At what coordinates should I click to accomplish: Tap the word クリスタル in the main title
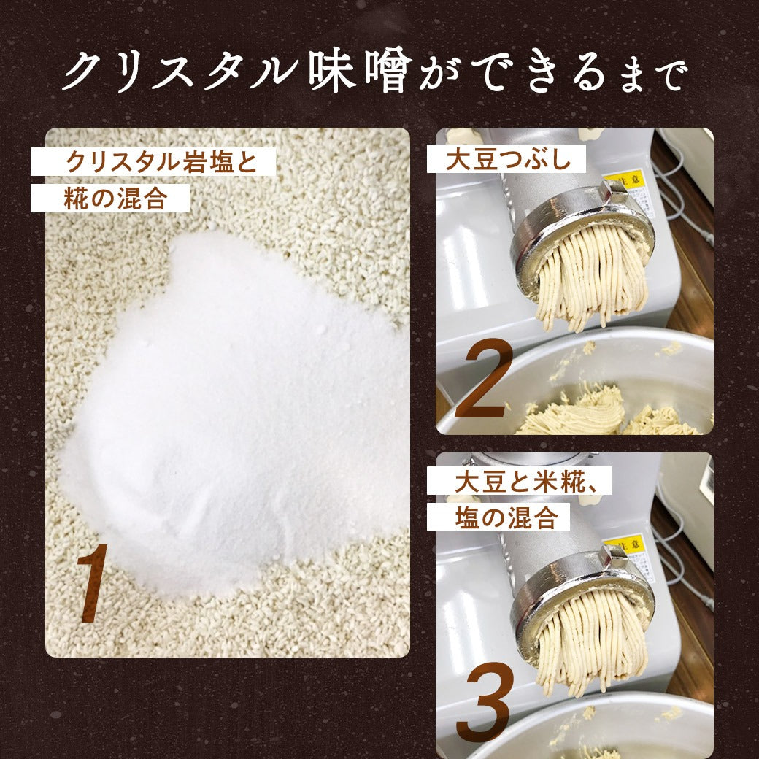click(x=182, y=71)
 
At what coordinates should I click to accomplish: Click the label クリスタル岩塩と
click(x=161, y=162)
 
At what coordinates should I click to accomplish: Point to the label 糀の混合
click(x=116, y=198)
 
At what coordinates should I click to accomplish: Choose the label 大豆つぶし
click(x=509, y=159)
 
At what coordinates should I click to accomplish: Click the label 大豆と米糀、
click(x=526, y=481)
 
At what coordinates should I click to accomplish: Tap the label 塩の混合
click(x=506, y=517)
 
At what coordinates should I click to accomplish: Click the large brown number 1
click(x=92, y=583)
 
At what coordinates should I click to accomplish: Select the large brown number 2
click(x=484, y=378)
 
